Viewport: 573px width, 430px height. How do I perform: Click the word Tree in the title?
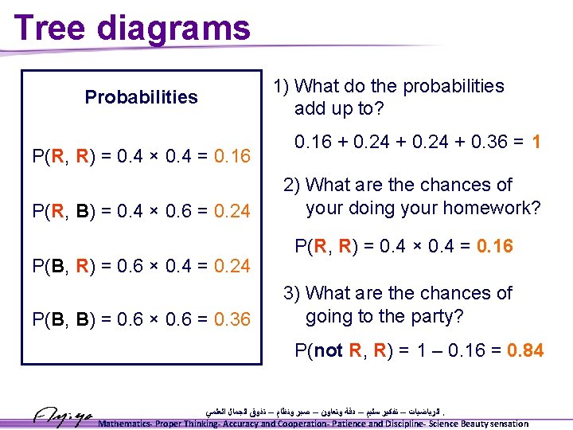click(50, 28)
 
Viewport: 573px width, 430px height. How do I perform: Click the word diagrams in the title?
click(173, 29)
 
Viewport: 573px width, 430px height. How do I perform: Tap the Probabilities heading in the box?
click(141, 97)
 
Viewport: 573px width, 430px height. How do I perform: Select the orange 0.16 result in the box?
click(232, 156)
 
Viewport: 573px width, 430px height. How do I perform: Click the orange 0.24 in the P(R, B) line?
click(232, 210)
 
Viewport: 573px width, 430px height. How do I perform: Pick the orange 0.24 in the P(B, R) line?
click(232, 264)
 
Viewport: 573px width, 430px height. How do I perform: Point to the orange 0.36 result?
click(232, 319)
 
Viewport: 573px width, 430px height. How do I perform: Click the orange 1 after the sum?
click(537, 143)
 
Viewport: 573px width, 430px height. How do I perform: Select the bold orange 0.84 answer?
click(519, 350)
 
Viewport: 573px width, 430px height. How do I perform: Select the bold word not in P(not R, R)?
click(329, 350)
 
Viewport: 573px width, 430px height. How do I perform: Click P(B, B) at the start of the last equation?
click(62, 319)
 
